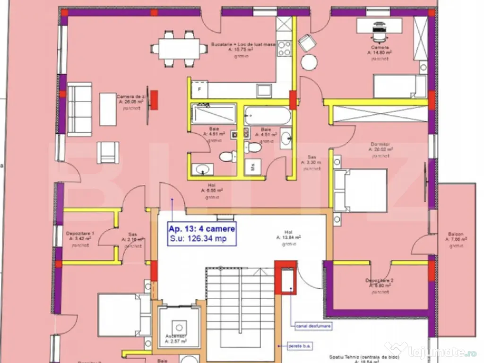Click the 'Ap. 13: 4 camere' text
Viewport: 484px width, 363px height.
pyautogui.click(x=202, y=229)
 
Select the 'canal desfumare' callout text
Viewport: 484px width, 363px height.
pyautogui.click(x=313, y=326)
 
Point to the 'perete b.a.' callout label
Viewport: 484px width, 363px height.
pyautogui.click(x=300, y=346)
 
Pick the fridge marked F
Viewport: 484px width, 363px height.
pyautogui.click(x=199, y=89)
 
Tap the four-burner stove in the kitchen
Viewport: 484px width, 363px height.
pyautogui.click(x=284, y=47)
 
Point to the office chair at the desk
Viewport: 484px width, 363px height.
pyautogui.click(x=380, y=31)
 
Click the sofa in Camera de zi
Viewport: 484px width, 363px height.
pyautogui.click(x=79, y=109)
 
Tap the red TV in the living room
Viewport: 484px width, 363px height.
pyautogui.click(x=153, y=100)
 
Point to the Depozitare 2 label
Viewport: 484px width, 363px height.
pyautogui.click(x=380, y=281)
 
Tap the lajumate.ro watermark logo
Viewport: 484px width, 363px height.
pyautogui.click(x=435, y=350)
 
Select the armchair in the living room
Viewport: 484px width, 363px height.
pyautogui.click(x=105, y=152)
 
